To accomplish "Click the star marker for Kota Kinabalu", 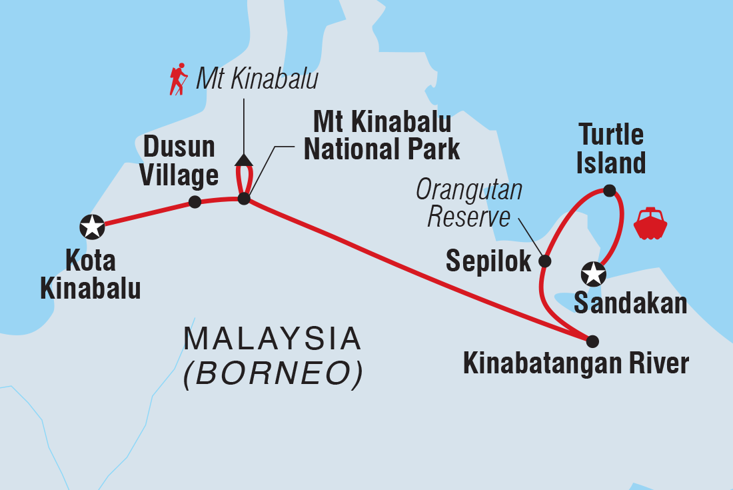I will [x=92, y=227].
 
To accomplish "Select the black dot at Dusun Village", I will [x=195, y=201].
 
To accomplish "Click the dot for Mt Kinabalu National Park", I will [x=244, y=198].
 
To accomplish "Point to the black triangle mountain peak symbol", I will [x=244, y=159].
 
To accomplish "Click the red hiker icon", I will [x=178, y=79].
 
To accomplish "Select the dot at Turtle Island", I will [x=609, y=190].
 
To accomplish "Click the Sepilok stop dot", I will [x=544, y=261].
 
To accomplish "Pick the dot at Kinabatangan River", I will [x=592, y=341].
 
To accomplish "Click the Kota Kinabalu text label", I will [x=90, y=276].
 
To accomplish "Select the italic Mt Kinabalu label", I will [x=257, y=79].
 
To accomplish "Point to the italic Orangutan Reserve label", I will [x=469, y=203].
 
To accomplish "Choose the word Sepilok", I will [x=488, y=262].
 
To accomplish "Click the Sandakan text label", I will [x=630, y=303].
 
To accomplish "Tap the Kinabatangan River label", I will [x=576, y=364].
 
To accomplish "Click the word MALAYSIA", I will [x=273, y=339].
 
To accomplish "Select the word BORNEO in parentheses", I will [x=273, y=375].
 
